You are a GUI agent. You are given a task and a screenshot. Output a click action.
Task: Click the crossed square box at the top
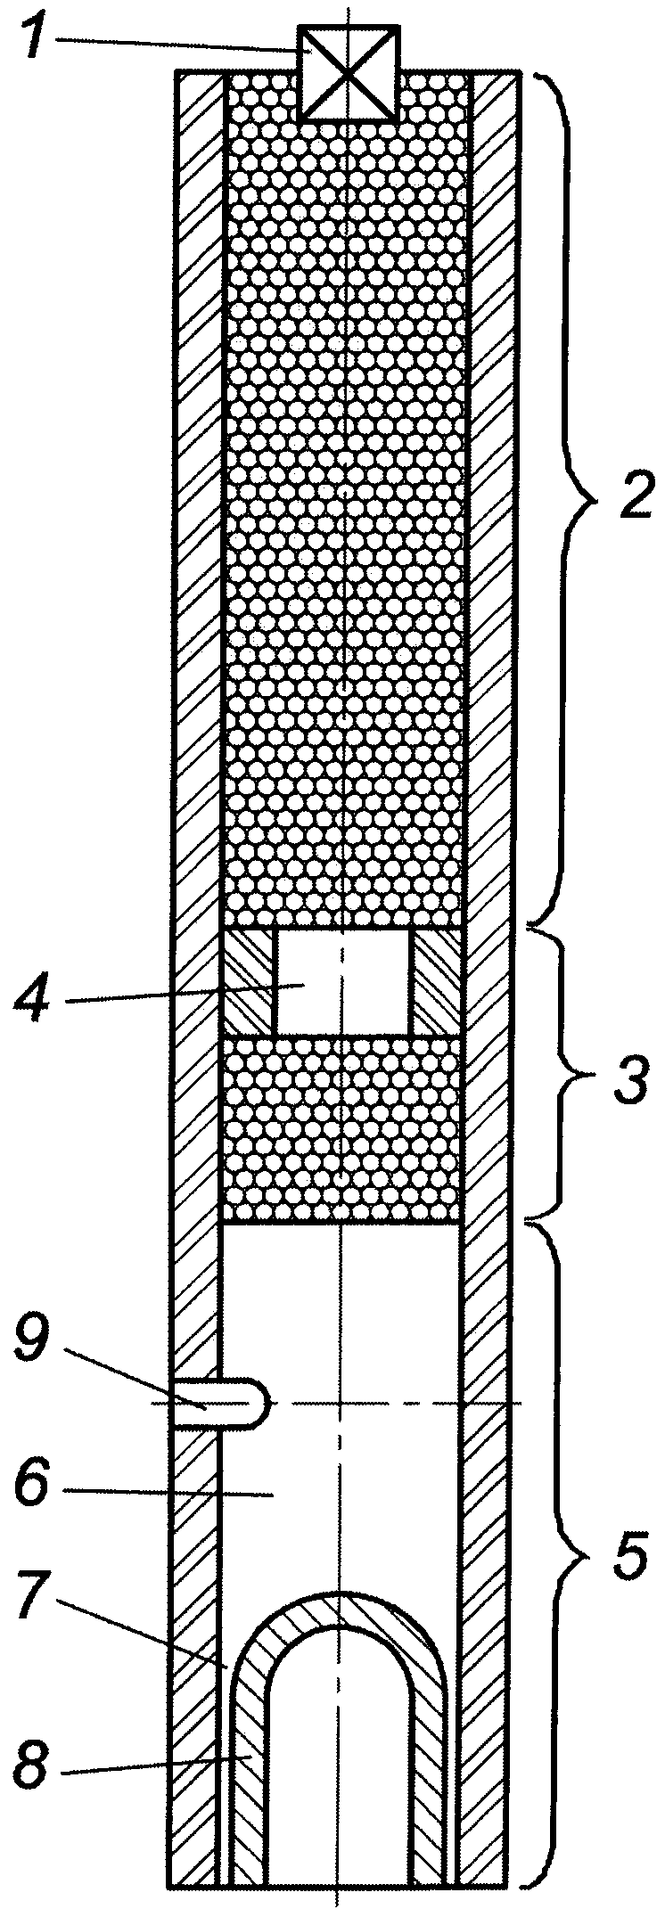click(349, 71)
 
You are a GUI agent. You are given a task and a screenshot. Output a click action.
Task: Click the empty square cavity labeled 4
click(344, 984)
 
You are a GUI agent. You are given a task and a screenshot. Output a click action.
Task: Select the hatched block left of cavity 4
click(249, 984)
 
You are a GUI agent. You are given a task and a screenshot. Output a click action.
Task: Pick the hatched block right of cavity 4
click(438, 984)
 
